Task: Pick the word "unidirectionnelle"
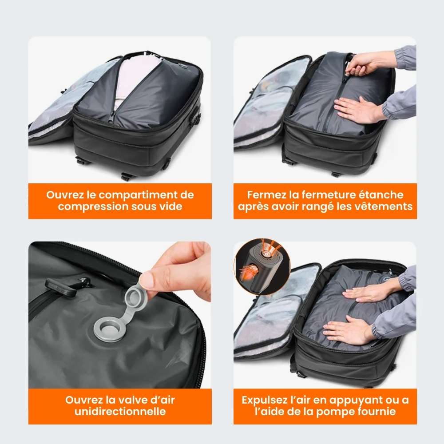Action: [120, 411]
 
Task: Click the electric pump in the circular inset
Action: [262, 266]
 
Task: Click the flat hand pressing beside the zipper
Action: [357, 110]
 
